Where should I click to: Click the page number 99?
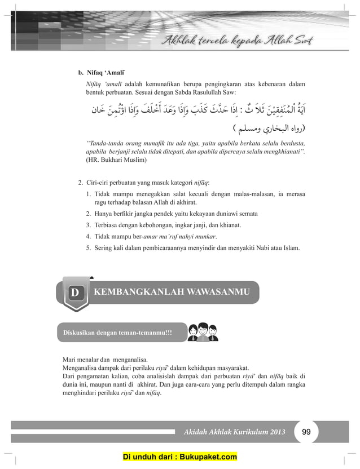click(307, 432)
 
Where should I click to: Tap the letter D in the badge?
click(74, 293)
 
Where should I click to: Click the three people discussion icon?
click(202, 332)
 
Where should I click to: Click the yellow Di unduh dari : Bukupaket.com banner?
click(180, 457)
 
